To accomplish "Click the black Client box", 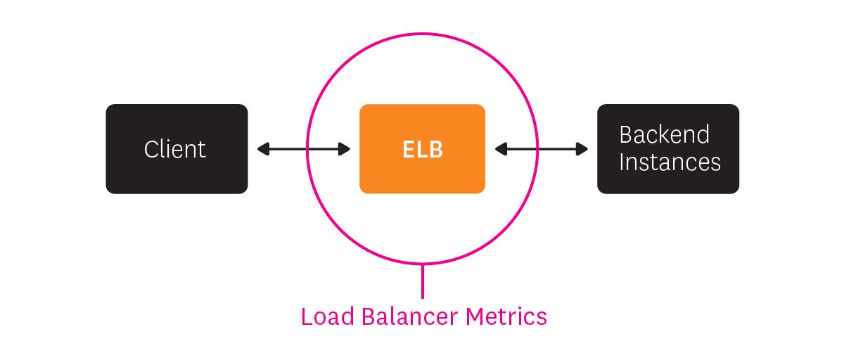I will [x=177, y=149].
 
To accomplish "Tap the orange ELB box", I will [x=422, y=149].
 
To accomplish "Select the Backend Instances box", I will [x=668, y=149].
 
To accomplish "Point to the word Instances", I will [x=670, y=162].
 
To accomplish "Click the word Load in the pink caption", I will [x=328, y=316].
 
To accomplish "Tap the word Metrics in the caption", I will [x=506, y=316].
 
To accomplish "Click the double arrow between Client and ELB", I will [x=303, y=149].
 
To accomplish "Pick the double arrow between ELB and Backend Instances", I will [x=542, y=149].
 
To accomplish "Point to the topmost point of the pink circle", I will [x=422, y=33].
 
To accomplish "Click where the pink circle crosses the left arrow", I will [x=307, y=149].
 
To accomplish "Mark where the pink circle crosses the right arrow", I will [x=537, y=149].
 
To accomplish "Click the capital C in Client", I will [x=151, y=149].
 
